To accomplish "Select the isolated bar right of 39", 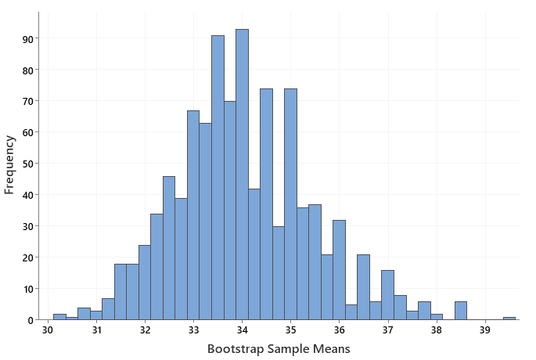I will click(x=509, y=318).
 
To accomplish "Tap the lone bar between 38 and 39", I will click(x=460, y=311).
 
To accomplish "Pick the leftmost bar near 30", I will click(x=59, y=317).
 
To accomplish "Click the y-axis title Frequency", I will click(x=9, y=164).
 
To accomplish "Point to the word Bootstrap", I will click(x=238, y=348).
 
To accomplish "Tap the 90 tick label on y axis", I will click(x=27, y=38).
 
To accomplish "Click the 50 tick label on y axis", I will click(x=27, y=164).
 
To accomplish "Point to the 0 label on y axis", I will click(x=30, y=320).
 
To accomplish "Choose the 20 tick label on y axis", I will click(x=27, y=257).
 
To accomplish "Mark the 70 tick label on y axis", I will click(x=27, y=101).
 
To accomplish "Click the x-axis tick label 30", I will click(x=48, y=331).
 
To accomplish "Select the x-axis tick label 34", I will click(x=243, y=331).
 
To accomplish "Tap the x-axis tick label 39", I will click(x=485, y=331).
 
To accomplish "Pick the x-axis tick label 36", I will click(x=340, y=331).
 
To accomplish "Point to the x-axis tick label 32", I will click(x=146, y=331).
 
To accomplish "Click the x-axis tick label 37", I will click(x=388, y=331).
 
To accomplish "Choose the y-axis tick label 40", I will click(x=27, y=195).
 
